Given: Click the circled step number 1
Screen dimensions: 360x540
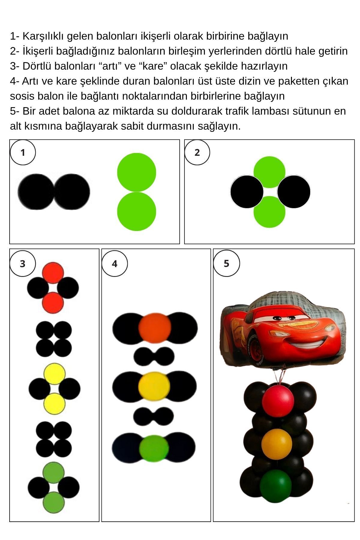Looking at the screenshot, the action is click(23, 152).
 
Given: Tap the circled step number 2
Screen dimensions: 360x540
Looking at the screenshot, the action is click(197, 152).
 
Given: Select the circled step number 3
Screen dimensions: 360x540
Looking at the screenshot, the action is click(23, 264).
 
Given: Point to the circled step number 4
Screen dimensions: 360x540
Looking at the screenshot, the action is click(115, 264).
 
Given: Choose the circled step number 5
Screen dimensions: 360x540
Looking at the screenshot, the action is click(226, 263).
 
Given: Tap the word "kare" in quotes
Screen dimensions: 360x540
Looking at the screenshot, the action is click(152, 66).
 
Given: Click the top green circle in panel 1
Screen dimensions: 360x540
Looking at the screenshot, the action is click(136, 172).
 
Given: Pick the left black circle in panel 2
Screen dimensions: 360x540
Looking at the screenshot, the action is click(247, 192).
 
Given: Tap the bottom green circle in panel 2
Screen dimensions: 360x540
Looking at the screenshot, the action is click(269, 212).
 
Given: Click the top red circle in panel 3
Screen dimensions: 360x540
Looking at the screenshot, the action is click(53, 273).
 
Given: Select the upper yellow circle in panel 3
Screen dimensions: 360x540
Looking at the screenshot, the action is click(55, 374).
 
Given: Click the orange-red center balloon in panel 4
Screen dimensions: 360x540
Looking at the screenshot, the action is click(155, 328).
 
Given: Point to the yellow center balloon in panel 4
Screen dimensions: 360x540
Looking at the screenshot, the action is click(154, 387).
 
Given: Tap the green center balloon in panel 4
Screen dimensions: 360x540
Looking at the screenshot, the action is click(154, 448).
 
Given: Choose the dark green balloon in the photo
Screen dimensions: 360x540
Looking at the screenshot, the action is click(275, 486).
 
